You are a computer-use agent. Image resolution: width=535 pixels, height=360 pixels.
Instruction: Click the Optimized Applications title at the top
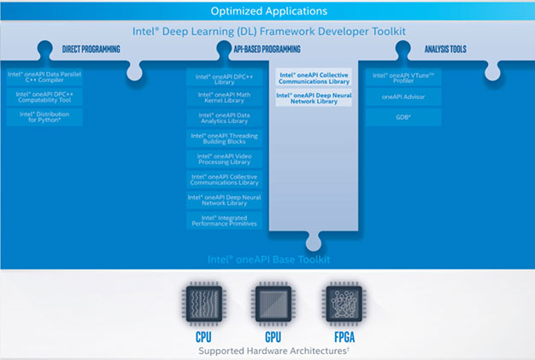(x=267, y=11)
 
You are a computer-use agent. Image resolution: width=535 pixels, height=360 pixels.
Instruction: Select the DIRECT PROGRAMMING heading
(x=91, y=50)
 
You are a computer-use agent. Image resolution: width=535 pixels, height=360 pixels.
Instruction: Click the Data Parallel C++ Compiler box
(x=45, y=77)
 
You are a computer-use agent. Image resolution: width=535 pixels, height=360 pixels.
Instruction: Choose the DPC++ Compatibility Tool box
(x=45, y=97)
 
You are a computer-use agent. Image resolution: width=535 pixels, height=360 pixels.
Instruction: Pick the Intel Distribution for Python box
(x=45, y=117)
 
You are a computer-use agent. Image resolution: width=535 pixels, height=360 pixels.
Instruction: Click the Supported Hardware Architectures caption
(x=267, y=351)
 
